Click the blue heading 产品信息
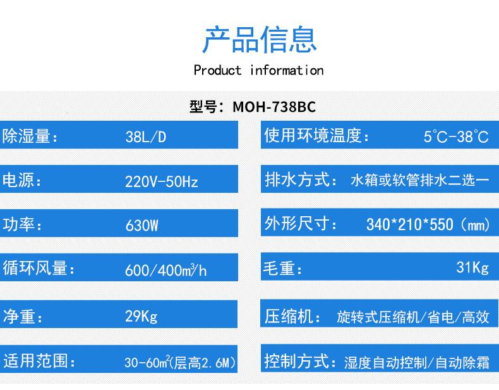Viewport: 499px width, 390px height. [x=260, y=39]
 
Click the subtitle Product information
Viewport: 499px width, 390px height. [x=258, y=70]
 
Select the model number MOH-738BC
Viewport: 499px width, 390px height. [x=274, y=107]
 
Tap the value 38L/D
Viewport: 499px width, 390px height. [x=146, y=137]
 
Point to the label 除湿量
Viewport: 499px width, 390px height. [x=27, y=136]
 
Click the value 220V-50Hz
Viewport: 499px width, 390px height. [x=161, y=182]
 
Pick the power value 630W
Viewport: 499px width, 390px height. [x=141, y=226]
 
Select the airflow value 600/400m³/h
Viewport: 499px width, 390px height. [x=165, y=271]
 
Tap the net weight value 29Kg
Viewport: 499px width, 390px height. [x=141, y=317]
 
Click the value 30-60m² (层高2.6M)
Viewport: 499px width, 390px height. [x=180, y=362]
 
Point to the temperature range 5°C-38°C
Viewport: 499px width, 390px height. [x=456, y=137]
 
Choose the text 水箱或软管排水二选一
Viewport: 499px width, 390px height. [x=420, y=181]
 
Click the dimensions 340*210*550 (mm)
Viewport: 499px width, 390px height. [x=428, y=224]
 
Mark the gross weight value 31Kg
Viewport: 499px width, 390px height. [x=472, y=267]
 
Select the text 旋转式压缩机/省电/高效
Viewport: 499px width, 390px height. [x=412, y=317]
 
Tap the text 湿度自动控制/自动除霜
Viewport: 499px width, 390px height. [x=417, y=363]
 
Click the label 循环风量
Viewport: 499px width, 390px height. [x=35, y=268]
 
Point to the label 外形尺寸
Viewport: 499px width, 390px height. [x=297, y=223]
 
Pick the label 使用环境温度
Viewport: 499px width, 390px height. [x=313, y=135]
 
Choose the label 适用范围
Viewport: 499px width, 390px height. [x=35, y=361]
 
